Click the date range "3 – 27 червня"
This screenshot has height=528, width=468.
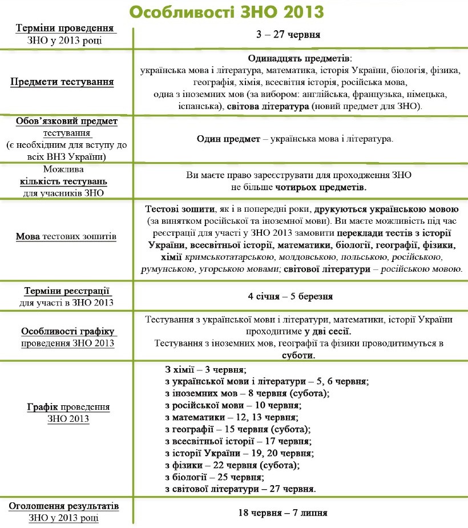coord(288,35)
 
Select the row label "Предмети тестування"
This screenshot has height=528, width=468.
coord(62,82)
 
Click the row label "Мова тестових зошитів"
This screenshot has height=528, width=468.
coord(66,236)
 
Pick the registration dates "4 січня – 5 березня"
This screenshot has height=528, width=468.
coord(291,296)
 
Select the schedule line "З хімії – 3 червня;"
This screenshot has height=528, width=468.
coord(205,369)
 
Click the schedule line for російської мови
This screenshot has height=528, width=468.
coord(233,405)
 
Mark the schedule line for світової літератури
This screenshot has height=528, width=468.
coord(240,489)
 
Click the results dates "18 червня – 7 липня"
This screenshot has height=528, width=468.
coord(283,513)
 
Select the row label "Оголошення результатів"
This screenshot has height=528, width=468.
coord(63,506)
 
